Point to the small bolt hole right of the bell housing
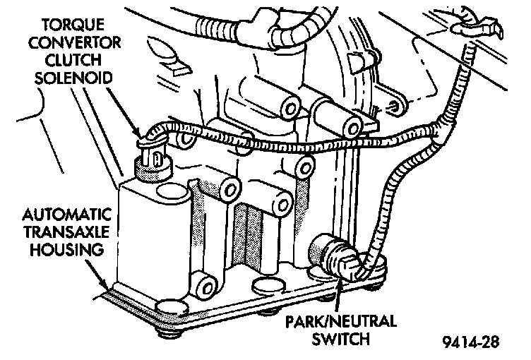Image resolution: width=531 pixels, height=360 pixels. pos(395,106)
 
